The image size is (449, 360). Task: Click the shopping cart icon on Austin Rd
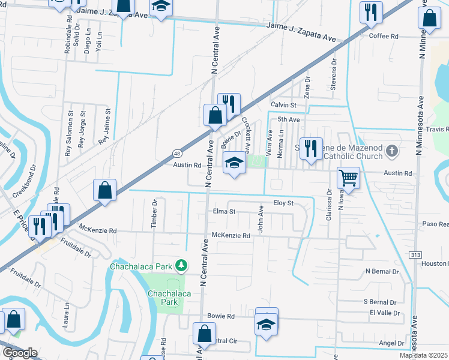click(x=348, y=178)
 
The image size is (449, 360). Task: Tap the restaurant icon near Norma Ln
click(x=310, y=148)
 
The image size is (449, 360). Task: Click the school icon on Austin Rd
click(x=235, y=163)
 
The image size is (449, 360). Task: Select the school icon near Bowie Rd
click(x=267, y=325)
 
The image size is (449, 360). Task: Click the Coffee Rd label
click(x=384, y=36)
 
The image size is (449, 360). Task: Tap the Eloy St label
click(x=283, y=203)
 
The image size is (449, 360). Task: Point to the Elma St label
click(x=224, y=211)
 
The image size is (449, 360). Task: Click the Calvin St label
click(x=283, y=104)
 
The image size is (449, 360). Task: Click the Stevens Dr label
click(x=334, y=74)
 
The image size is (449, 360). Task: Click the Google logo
click(x=20, y=353)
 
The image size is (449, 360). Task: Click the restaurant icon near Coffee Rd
click(x=370, y=11)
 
